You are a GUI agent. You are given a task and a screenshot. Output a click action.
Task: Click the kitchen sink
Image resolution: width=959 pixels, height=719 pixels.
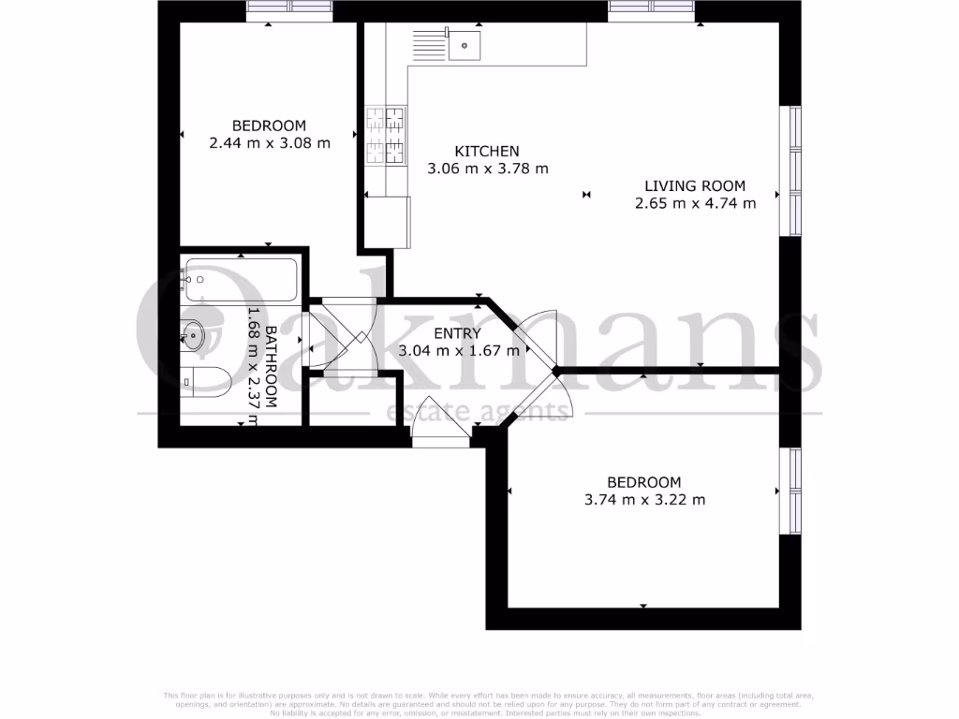pyautogui.click(x=463, y=42)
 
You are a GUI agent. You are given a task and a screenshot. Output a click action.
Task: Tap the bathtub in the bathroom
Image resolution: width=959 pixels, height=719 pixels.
pyautogui.click(x=242, y=279)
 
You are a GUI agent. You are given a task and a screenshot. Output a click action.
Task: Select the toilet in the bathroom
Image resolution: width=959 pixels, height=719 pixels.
pyautogui.click(x=208, y=379)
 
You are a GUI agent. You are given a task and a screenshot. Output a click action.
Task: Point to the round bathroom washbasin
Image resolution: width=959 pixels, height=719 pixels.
pyautogui.click(x=193, y=333)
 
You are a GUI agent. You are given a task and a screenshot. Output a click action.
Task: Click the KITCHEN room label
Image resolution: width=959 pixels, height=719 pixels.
pyautogui.click(x=487, y=152)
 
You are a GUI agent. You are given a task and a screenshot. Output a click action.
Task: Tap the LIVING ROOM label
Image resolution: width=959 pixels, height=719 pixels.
pyautogui.click(x=695, y=185)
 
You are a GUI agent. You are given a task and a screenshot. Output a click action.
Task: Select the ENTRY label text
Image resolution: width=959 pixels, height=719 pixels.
pyautogui.click(x=458, y=333)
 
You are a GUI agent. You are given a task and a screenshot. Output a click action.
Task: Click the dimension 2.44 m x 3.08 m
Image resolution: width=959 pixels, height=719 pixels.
pyautogui.click(x=270, y=143)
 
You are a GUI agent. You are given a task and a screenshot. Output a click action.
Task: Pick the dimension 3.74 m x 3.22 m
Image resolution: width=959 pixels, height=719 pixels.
pyautogui.click(x=644, y=500)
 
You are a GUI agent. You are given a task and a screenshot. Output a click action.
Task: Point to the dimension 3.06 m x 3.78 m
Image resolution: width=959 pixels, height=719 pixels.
pyautogui.click(x=487, y=169)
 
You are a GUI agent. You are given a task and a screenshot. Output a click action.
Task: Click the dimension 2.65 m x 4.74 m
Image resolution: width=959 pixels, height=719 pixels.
pyautogui.click(x=695, y=203)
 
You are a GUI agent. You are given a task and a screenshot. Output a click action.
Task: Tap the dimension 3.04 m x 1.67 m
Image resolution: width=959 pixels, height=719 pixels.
pyautogui.click(x=458, y=351)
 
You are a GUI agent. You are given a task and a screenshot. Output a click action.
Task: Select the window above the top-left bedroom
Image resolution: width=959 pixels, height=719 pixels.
pyautogui.click(x=289, y=9)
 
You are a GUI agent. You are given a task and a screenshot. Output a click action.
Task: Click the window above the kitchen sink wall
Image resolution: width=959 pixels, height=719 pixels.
pyautogui.click(x=652, y=9)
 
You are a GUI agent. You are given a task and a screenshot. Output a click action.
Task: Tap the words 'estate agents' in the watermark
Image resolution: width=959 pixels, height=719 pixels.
pyautogui.click(x=479, y=412)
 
